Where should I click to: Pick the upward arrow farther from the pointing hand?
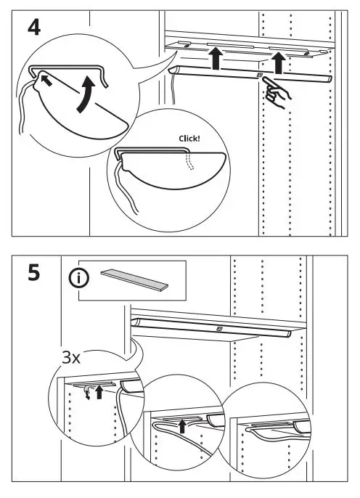pos(215,59)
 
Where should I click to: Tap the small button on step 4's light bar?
pos(258,74)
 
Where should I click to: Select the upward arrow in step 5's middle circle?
pos(181,425)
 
